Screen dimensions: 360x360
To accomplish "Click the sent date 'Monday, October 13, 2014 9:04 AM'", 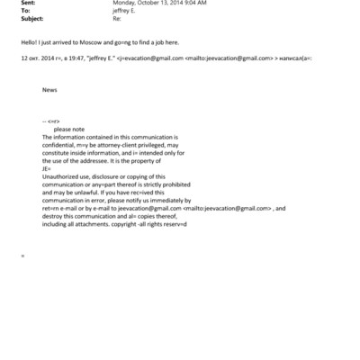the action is coord(159,3).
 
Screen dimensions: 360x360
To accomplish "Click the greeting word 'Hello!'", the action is coord(27,42).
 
